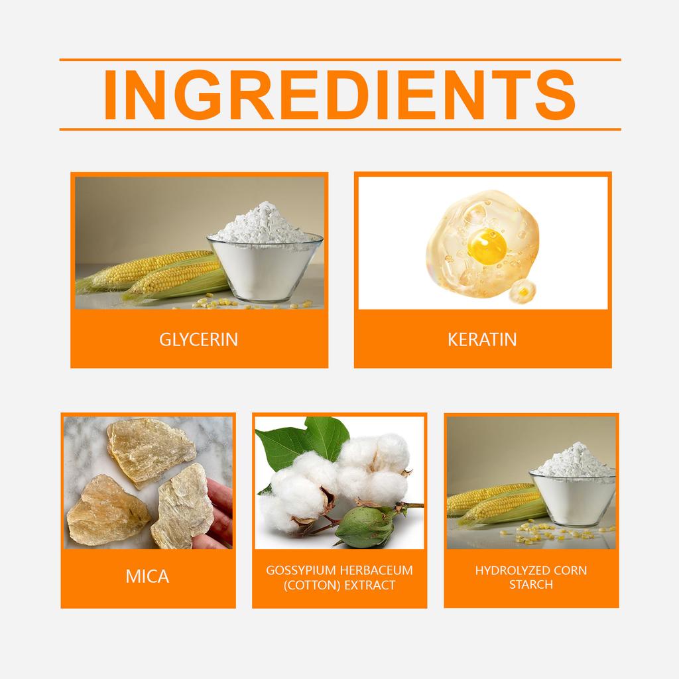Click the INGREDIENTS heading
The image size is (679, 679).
pos(339,95)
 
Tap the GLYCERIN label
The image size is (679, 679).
pos(199,340)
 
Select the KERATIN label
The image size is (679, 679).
pos(482,340)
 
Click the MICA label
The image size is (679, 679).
pos(147,576)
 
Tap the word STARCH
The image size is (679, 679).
pos(530,585)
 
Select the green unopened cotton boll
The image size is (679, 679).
pos(364,526)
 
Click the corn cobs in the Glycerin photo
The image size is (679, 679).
pos(159,273)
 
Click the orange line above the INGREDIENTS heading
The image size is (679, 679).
pos(339,60)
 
